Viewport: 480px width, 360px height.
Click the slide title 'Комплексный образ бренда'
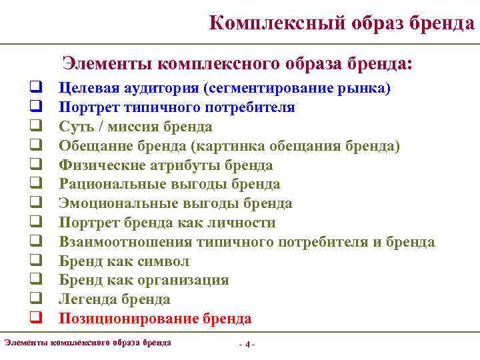(341, 23)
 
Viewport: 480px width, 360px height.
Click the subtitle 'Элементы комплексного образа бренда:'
(237, 64)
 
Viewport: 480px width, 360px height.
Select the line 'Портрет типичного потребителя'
(177, 107)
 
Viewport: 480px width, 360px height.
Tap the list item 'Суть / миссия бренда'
(135, 127)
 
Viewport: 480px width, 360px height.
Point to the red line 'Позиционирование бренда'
(155, 319)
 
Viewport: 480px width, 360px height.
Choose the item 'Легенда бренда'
(114, 299)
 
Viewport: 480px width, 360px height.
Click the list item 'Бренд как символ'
(124, 261)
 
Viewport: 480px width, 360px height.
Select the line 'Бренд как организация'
(143, 280)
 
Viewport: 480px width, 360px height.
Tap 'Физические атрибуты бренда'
(165, 165)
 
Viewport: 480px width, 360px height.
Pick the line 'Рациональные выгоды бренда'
(169, 184)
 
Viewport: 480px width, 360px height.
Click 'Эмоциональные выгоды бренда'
(175, 203)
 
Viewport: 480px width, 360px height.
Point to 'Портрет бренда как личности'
(167, 223)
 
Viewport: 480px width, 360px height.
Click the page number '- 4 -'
(247, 344)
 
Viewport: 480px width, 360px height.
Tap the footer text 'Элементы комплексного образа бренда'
(87, 343)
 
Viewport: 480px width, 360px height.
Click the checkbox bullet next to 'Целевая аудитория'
(31, 88)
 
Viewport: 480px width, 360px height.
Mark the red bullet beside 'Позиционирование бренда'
(31, 319)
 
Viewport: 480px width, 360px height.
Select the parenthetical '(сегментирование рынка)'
(297, 88)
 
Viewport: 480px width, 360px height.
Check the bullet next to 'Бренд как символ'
(31, 261)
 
